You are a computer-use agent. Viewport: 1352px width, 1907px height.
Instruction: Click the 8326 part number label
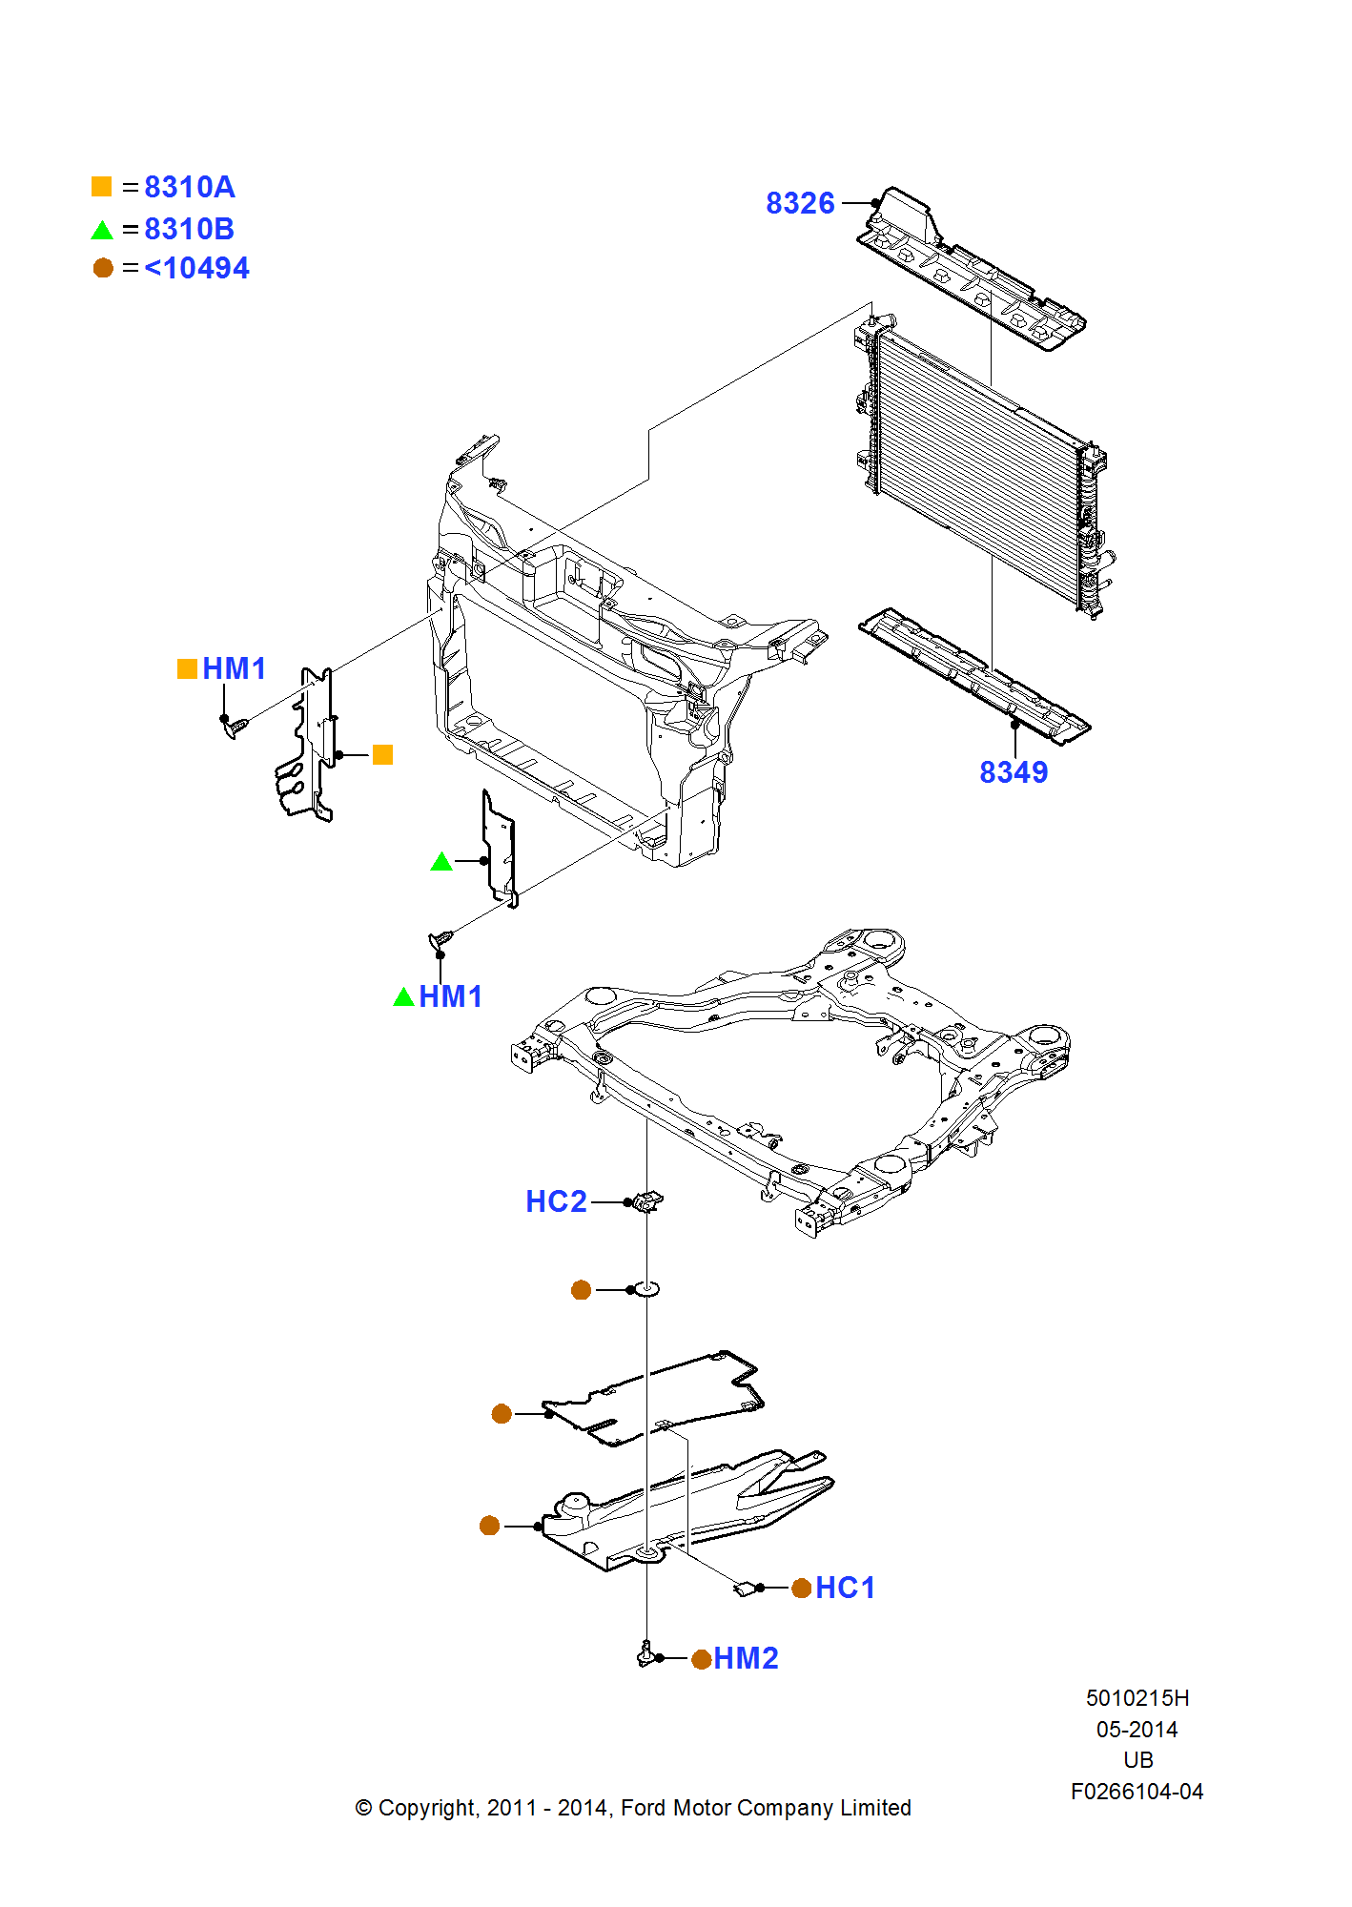(x=799, y=203)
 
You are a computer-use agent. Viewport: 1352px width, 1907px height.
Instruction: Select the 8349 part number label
(x=1013, y=772)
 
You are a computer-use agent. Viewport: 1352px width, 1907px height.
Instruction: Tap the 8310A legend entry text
(x=189, y=187)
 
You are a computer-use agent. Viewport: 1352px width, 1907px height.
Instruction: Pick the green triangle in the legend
(x=102, y=230)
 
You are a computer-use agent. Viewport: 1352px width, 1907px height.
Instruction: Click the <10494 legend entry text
(x=196, y=269)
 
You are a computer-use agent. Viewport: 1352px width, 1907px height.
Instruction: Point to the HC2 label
(x=556, y=1201)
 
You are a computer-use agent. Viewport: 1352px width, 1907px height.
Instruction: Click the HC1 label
(x=845, y=1588)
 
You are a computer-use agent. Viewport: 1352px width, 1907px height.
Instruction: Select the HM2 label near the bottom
(x=746, y=1658)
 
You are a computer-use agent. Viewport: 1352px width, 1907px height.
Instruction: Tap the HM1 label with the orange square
(x=234, y=668)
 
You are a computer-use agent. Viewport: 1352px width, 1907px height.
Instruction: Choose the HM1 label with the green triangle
(x=450, y=996)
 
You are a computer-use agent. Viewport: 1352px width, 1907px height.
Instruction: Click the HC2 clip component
(x=649, y=1201)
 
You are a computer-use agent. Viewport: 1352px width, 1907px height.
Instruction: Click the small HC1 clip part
(x=745, y=1588)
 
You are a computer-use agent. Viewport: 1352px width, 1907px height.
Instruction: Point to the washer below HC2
(x=647, y=1289)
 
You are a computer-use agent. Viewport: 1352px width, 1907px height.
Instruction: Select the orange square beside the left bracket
(x=382, y=755)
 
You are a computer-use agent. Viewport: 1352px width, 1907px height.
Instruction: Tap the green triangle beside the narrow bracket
(x=441, y=862)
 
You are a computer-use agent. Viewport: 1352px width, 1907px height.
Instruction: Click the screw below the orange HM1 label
(x=235, y=728)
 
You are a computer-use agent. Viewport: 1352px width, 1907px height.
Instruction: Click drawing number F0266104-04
(x=1137, y=1792)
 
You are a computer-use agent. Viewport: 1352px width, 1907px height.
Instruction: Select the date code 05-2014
(x=1137, y=1730)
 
